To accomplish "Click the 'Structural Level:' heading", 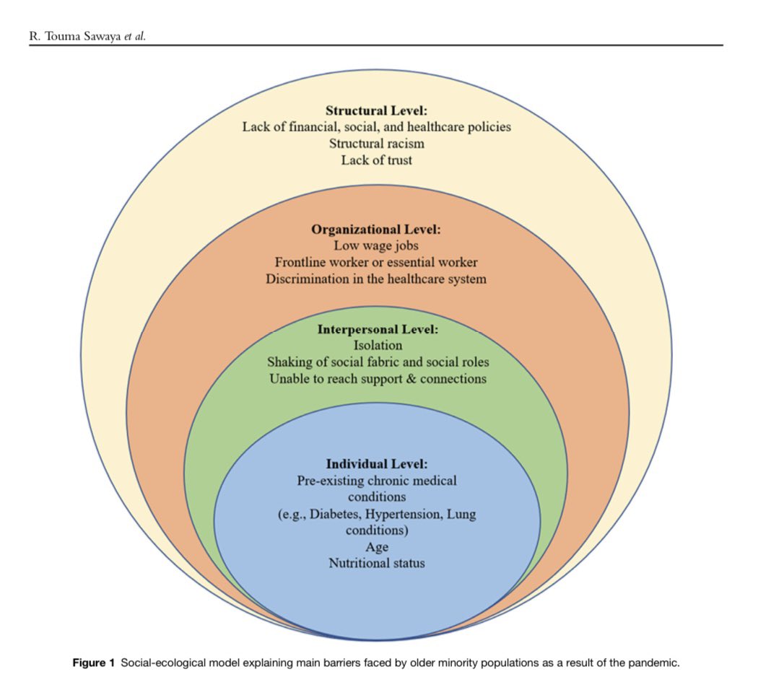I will tap(376, 110).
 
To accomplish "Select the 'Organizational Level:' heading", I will tap(375, 230).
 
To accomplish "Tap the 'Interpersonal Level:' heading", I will tap(378, 329).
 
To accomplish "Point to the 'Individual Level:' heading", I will tap(377, 463).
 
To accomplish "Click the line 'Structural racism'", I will tap(376, 144).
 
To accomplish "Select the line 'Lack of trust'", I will tap(376, 160).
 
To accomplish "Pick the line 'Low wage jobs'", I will tap(375, 246).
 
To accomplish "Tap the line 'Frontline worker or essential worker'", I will tap(375, 262).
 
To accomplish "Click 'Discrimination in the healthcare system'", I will tap(375, 279).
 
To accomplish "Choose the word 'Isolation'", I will tap(378, 346).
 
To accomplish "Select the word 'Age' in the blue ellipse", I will tap(377, 546).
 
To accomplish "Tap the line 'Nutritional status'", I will tap(377, 563).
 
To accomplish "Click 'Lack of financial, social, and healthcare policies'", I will tap(376, 127).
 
